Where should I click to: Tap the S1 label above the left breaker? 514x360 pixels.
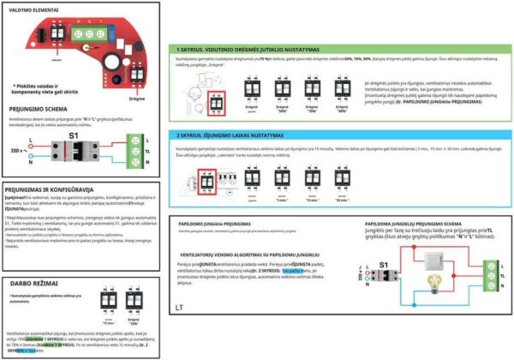[73, 136]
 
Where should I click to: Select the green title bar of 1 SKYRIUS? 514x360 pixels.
[338, 49]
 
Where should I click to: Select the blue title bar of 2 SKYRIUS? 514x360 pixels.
[338, 135]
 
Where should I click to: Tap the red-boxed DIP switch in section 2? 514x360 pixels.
[205, 183]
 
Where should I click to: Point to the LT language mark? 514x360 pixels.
[178, 306]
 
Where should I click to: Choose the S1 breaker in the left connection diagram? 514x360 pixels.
[74, 153]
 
